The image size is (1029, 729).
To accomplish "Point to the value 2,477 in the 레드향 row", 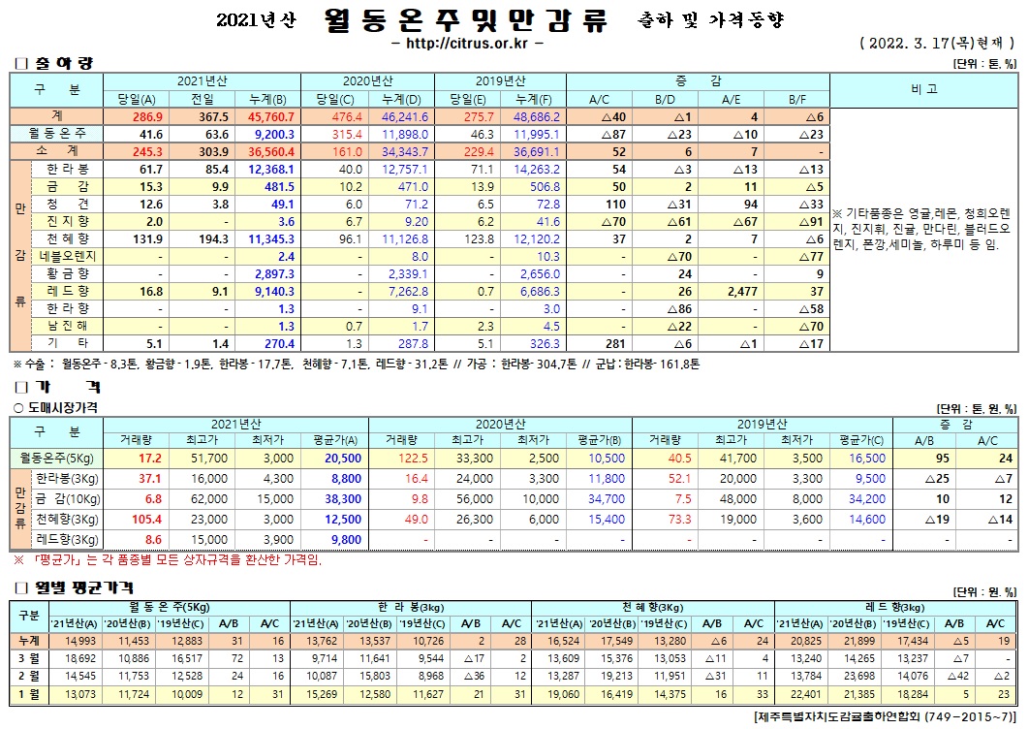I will [x=730, y=291].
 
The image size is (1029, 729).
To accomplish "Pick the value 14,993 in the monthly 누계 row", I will [x=80, y=641].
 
